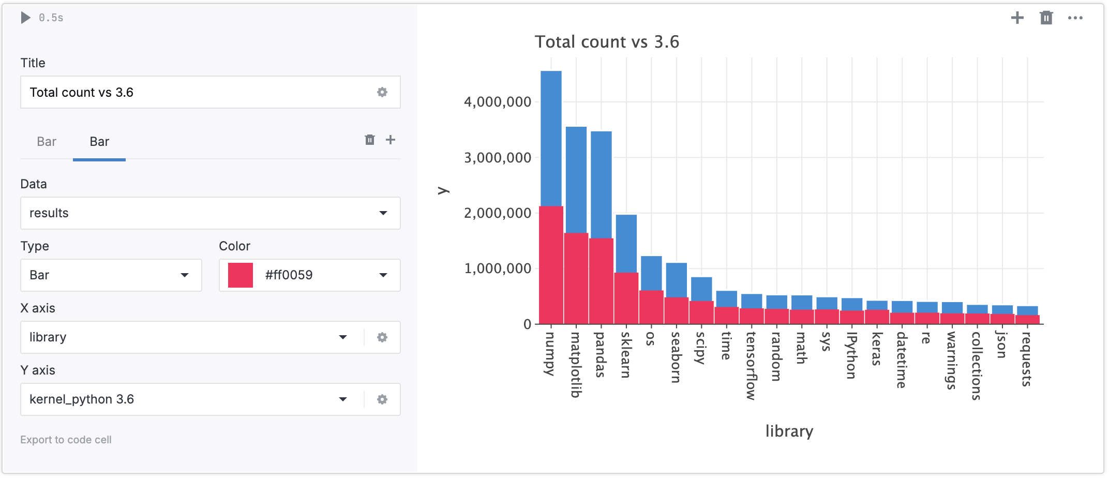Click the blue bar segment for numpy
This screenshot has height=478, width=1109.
pos(551,138)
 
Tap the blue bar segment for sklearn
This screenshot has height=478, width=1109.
pos(626,243)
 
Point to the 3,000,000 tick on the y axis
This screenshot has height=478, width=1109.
pos(497,158)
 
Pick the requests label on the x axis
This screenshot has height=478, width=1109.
pos(1027,359)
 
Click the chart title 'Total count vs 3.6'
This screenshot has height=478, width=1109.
pos(606,42)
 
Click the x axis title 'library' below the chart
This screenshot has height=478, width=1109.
pos(789,431)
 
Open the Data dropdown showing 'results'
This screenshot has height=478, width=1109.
pos(210,213)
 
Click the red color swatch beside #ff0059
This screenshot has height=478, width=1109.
pos(241,275)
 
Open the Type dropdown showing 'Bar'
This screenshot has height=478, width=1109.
pos(111,275)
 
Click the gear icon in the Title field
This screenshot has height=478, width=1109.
pos(382,92)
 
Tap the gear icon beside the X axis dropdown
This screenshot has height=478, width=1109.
pos(382,337)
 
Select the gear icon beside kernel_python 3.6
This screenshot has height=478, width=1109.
pos(382,399)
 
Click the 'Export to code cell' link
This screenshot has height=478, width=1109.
pos(66,440)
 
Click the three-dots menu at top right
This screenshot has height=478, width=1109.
pos(1075,18)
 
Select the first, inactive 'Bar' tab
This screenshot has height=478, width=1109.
pos(47,142)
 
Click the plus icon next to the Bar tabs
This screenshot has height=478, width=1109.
pos(391,140)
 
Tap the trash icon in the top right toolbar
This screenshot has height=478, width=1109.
pos(1046,18)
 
